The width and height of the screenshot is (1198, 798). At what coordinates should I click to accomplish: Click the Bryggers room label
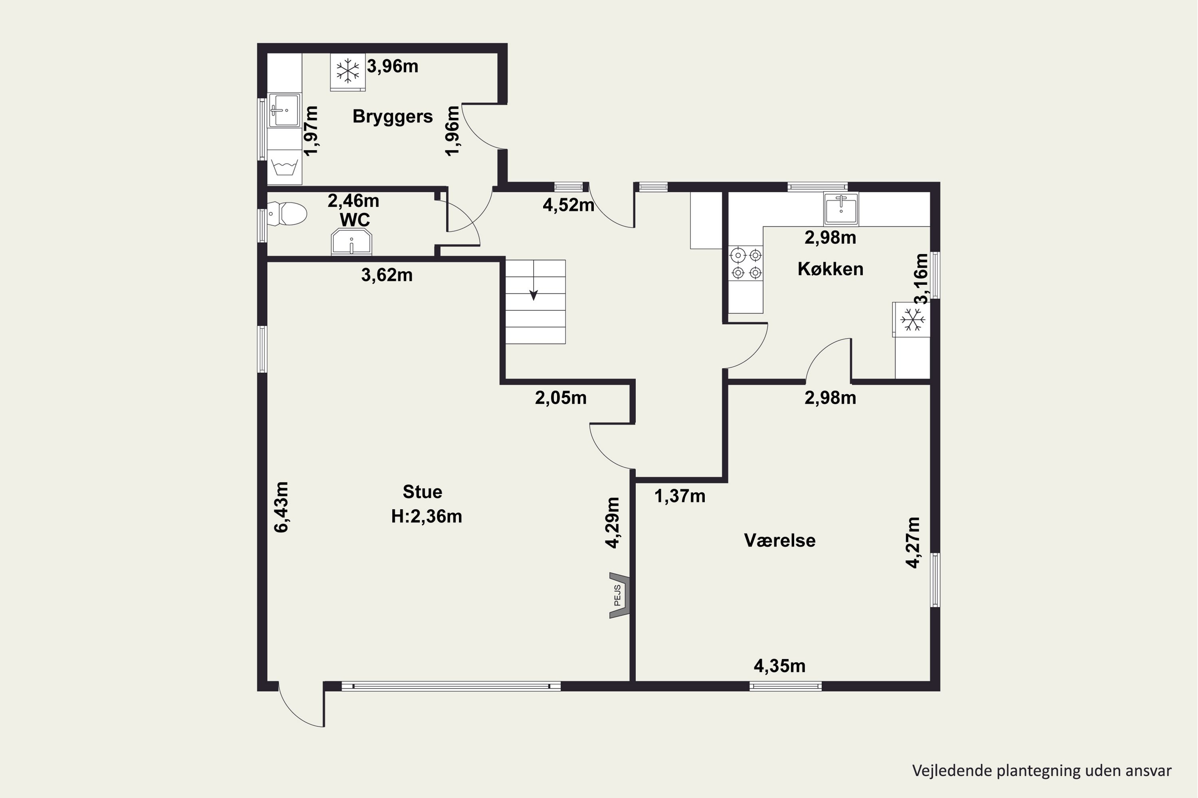(x=392, y=117)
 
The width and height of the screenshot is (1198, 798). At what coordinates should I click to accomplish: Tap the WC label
(x=355, y=220)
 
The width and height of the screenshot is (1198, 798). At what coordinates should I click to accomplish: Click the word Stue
(x=422, y=492)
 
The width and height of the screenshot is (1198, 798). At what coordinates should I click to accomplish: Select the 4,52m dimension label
(x=568, y=205)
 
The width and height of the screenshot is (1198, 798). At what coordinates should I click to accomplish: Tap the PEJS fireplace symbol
(x=620, y=595)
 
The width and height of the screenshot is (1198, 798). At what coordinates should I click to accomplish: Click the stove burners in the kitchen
(x=746, y=263)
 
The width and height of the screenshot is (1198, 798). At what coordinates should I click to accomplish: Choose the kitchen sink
(x=841, y=209)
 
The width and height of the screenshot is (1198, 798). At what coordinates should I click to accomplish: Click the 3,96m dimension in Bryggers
(x=393, y=66)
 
